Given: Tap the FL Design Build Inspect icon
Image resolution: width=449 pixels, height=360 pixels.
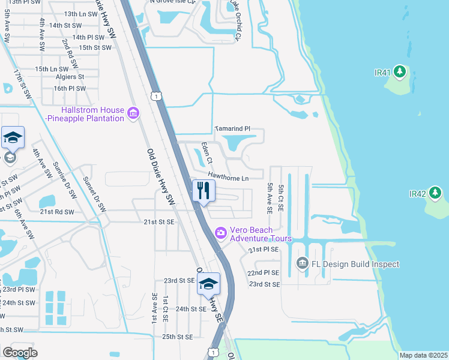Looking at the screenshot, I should click(x=302, y=263).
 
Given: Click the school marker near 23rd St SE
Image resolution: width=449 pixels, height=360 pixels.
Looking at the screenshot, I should click(x=209, y=283).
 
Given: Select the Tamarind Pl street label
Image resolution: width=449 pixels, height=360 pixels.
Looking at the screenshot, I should click(x=232, y=129).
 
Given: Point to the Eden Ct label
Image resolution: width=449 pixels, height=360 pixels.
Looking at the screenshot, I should click(x=206, y=152).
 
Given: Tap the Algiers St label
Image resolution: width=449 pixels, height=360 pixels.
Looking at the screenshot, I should click(x=70, y=77).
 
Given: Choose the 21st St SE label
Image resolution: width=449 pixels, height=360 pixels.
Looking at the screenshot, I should click(x=158, y=222).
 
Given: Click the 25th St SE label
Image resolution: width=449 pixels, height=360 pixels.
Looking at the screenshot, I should click(x=177, y=337).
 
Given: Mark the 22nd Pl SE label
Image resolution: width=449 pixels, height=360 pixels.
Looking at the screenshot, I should click(x=264, y=273).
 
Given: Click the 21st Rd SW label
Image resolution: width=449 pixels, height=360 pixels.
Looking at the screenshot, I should click(x=57, y=212).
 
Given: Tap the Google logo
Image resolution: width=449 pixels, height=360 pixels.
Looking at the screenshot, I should click(x=20, y=353).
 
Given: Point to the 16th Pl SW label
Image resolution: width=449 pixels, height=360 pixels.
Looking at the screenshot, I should click(x=70, y=88).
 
